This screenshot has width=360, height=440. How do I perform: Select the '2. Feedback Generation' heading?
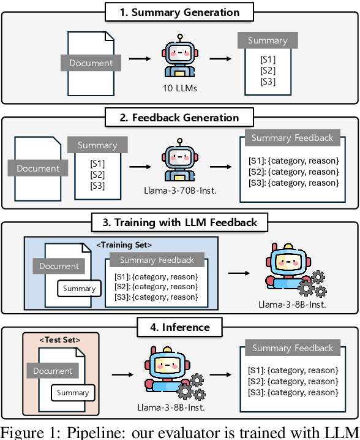[x=179, y=117]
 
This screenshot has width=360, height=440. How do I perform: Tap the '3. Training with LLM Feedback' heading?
[x=179, y=222]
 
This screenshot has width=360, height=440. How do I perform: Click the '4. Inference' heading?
[x=179, y=327]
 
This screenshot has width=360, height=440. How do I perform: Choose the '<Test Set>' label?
[x=60, y=339]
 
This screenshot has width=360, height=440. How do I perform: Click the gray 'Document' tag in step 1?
[x=91, y=63]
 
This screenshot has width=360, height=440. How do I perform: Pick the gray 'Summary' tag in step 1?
[x=268, y=40]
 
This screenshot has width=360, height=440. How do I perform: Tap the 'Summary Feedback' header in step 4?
[x=292, y=348]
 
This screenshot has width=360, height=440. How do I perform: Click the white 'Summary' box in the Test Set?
[x=73, y=393]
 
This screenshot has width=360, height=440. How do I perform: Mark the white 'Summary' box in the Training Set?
[x=79, y=288]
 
